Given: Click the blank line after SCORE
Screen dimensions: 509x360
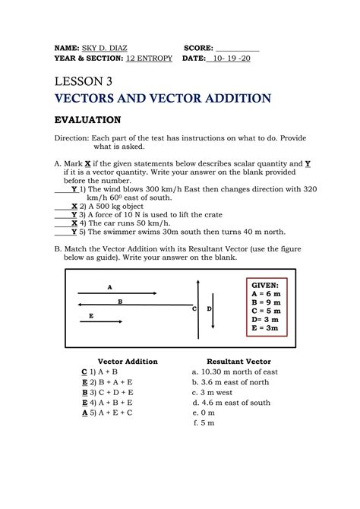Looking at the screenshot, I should [238, 48].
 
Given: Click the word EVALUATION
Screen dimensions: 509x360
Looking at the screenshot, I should [87, 120].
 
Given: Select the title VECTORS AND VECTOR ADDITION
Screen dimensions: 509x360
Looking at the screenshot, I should [163, 99].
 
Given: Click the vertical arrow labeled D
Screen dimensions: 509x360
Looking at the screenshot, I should [213, 309].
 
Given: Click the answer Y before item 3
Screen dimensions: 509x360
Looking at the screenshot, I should [74, 215].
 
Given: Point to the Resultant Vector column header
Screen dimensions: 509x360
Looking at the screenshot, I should [238, 361].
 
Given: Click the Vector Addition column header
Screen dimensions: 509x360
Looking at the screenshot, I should [128, 361].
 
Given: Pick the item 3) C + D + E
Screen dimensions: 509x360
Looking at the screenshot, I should [111, 393].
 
